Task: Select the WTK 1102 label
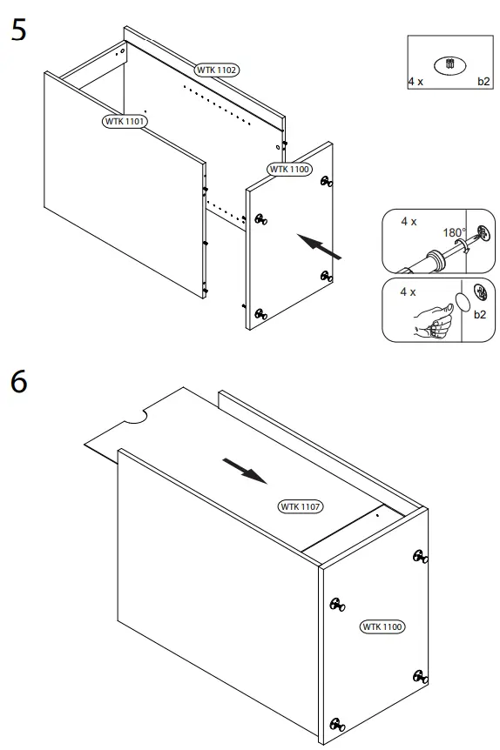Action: click(217, 69)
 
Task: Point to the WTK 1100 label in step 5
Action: click(288, 169)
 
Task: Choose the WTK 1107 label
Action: click(299, 506)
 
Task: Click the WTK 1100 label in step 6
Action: click(383, 626)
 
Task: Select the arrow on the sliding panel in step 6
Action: click(243, 471)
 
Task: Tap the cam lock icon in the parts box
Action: click(449, 64)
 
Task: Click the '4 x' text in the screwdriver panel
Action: click(409, 222)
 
